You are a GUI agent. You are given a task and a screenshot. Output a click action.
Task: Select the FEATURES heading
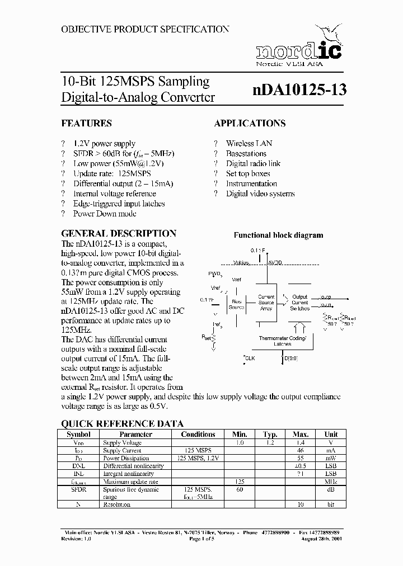pyautogui.click(x=86, y=123)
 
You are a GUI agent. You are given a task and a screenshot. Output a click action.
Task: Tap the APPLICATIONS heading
pyautogui.click(x=250, y=123)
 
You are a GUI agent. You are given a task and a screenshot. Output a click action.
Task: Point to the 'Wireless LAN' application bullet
pyautogui.click(x=249, y=144)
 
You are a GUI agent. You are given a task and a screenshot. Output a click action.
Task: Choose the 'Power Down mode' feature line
pyautogui.click(x=105, y=214)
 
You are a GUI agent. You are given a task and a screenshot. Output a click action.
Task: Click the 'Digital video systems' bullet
pyautogui.click(x=260, y=194)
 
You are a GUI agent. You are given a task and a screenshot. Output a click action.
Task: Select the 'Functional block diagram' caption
pyautogui.click(x=278, y=235)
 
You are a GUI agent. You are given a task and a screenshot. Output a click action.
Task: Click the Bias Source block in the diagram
pyautogui.click(x=236, y=303)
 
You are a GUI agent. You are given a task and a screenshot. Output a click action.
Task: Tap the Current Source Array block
pyautogui.click(x=266, y=303)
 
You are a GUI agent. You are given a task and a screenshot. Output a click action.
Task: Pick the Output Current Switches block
pyautogui.click(x=300, y=303)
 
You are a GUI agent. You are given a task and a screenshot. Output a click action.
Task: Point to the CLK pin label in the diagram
pyautogui.click(x=249, y=359)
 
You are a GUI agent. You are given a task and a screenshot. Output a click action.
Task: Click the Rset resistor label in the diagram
pyautogui.click(x=205, y=337)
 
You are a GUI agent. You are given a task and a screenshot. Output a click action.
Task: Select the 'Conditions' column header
pyautogui.click(x=198, y=434)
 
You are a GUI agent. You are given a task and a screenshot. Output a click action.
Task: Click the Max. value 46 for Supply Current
pyautogui.click(x=301, y=450)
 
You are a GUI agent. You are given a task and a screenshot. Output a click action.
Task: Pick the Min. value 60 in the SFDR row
pyautogui.click(x=240, y=489)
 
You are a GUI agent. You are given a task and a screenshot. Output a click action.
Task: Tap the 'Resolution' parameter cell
pyautogui.click(x=116, y=504)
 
